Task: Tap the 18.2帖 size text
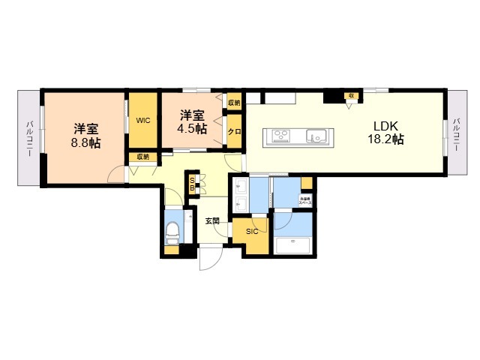point(385,139)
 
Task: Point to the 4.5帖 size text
point(192,128)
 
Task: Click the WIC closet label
point(142,119)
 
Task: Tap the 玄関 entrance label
point(212,221)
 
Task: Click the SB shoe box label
point(192,185)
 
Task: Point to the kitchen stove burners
point(281,136)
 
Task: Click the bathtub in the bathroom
point(293,246)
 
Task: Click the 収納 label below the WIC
point(142,157)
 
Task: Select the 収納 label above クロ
point(233,103)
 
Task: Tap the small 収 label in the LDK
point(350,96)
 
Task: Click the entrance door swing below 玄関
point(208,259)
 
